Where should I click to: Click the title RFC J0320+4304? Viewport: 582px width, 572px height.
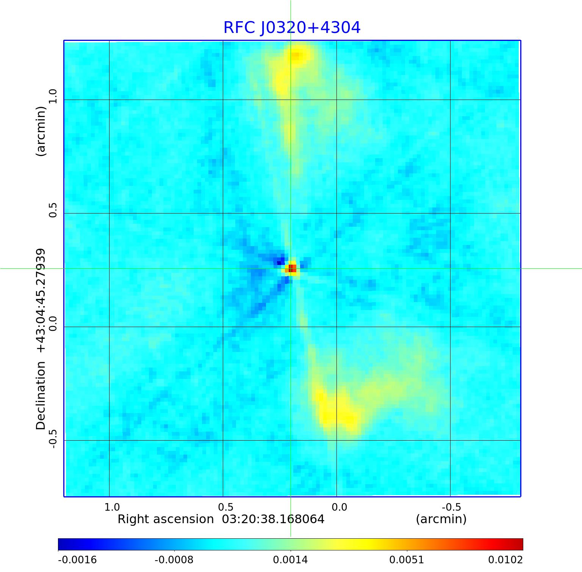tap(292, 27)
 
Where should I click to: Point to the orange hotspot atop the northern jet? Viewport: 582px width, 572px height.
tap(296, 56)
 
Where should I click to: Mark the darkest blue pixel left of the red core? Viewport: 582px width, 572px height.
tap(280, 262)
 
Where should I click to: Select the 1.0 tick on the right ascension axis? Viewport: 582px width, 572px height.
tap(112, 507)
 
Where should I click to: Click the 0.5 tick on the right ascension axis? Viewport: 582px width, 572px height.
tap(225, 507)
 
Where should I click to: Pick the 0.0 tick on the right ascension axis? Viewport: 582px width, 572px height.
tap(339, 507)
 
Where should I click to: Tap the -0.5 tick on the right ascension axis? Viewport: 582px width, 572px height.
tap(451, 507)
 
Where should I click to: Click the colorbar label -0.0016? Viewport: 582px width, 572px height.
tap(77, 560)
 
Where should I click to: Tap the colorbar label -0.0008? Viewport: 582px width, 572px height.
tap(174, 560)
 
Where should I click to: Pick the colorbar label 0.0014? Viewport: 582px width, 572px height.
tap(291, 560)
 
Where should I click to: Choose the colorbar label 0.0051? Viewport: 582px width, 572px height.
tap(407, 560)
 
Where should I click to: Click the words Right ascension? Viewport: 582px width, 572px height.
tap(166, 519)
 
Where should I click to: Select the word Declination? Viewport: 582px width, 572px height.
tap(41, 396)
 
